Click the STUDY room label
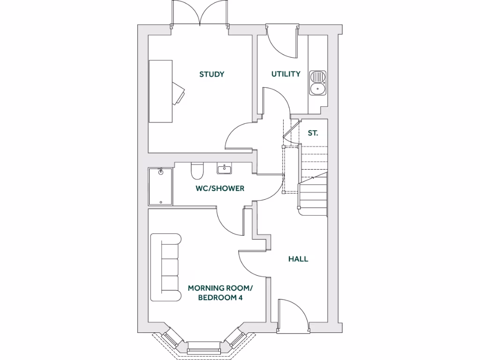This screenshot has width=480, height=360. click(211, 74)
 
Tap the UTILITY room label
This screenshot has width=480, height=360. click(286, 74)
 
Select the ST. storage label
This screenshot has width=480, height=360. click(313, 133)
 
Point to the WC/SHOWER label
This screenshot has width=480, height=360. click(220, 188)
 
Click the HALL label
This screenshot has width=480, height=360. click(298, 259)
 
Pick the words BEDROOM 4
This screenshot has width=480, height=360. click(220, 298)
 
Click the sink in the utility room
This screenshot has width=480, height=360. click(317, 82)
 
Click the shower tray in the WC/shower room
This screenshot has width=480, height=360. click(160, 186)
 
